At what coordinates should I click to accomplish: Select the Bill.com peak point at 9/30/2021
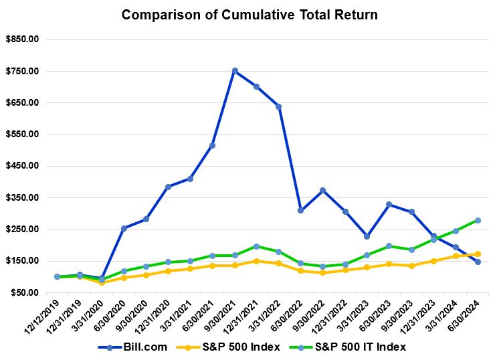[234, 70]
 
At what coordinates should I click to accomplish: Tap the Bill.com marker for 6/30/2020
[124, 228]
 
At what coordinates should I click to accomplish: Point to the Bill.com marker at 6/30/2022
[300, 210]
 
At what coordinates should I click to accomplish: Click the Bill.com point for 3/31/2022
[278, 106]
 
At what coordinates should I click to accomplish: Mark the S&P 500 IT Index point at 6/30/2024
[478, 220]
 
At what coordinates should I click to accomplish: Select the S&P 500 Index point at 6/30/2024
[478, 254]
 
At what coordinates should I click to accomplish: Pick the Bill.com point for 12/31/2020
[168, 187]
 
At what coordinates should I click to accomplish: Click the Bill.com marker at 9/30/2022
[322, 190]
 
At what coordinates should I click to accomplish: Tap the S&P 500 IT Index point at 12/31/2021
[256, 246]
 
